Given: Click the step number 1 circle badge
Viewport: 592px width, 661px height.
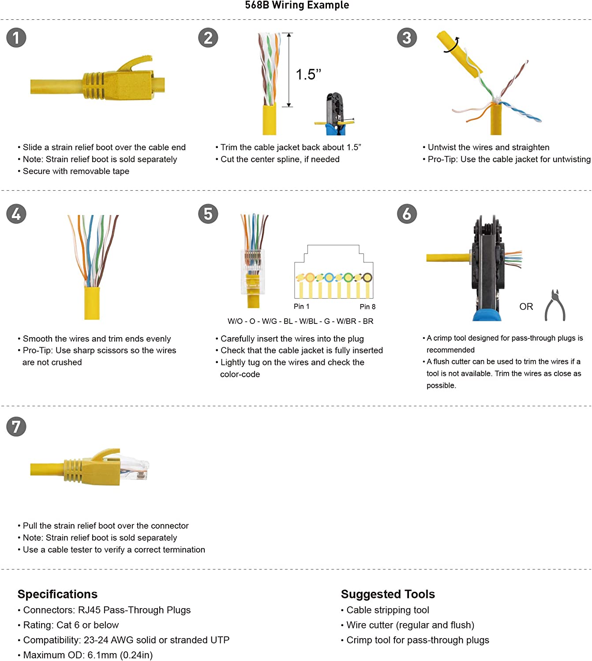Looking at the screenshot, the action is pos(16,37).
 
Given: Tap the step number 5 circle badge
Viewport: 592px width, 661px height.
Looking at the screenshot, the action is pos(208,214).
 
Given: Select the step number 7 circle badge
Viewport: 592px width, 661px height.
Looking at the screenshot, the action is pos(16,426).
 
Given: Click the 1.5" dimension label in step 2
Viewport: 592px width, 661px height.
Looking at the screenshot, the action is pos(308,74).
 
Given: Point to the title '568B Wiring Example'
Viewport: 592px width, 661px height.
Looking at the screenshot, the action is pos(296,5).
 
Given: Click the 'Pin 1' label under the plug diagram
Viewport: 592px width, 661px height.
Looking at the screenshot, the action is pos(301,306).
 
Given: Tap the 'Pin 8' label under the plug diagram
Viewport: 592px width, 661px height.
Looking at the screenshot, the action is pos(367,306).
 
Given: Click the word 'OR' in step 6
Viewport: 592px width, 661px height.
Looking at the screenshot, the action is pos(526,306).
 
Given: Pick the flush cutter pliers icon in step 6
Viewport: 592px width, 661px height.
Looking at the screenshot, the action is pos(555,305).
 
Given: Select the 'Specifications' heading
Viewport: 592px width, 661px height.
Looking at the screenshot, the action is pos(57,594).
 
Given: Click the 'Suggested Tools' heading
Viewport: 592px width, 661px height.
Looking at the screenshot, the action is pos(387,594).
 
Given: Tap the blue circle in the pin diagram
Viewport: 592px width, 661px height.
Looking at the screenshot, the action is pos(329,278).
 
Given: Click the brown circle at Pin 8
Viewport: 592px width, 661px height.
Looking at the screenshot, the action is pos(367,278).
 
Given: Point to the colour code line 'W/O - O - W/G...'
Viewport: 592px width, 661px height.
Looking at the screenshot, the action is pos(300,321).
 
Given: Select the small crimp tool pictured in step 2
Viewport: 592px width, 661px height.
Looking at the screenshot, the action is pos(334,114).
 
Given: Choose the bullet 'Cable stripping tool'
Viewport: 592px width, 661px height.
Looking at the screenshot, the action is pos(385,610).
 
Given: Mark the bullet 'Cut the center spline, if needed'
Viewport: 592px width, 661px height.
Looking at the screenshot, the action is pos(277,159).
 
